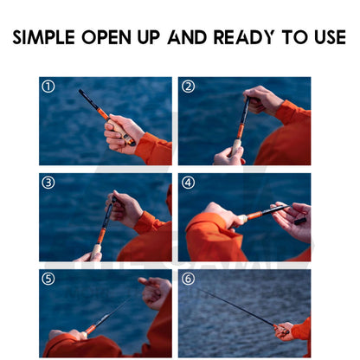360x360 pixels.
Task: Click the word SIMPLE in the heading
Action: click(x=43, y=37)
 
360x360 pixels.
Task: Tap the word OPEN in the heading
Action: click(x=106, y=37)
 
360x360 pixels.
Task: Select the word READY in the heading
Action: click(x=244, y=37)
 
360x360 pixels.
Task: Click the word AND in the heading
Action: click(x=187, y=37)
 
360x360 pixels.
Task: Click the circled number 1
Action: click(x=48, y=87)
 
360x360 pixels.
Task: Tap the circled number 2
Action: click(x=188, y=87)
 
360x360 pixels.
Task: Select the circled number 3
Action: click(x=48, y=183)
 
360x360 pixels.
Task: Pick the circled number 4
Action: click(x=188, y=183)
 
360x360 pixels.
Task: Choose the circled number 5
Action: click(x=48, y=279)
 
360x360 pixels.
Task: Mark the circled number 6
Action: click(x=188, y=279)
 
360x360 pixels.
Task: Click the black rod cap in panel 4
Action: click(x=300, y=222)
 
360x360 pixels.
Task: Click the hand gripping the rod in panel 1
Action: click(x=123, y=133)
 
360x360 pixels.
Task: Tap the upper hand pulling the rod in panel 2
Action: click(x=262, y=100)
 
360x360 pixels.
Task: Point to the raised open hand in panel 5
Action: click(x=155, y=292)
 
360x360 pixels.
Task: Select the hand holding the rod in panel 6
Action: click(x=284, y=331)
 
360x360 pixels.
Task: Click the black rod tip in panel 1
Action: click(x=89, y=100)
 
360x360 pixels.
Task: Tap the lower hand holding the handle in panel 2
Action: click(x=228, y=156)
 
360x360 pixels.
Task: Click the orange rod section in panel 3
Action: click(x=100, y=235)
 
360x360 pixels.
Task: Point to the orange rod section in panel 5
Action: click(x=91, y=329)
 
